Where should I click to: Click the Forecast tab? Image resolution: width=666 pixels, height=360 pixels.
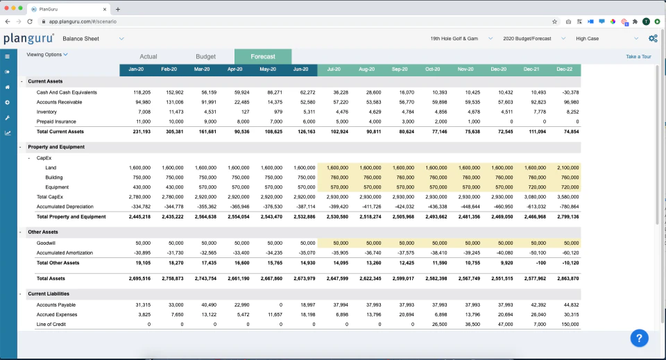coord(263,56)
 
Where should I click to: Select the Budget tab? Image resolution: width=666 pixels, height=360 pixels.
coord(205,56)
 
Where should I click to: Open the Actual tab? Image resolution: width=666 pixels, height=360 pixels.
coord(148,56)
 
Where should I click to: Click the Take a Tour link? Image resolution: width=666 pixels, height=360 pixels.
coord(638,56)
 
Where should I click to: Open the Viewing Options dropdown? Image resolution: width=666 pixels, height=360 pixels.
coord(47,54)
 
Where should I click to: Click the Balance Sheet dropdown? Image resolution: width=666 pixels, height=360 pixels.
coord(93,39)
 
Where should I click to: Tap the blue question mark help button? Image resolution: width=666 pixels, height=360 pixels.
coord(639,338)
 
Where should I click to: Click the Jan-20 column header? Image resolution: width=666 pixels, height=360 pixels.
coord(136,69)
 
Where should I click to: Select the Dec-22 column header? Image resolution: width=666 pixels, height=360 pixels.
coord(564,69)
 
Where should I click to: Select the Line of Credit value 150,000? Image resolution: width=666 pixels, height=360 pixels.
coord(567,324)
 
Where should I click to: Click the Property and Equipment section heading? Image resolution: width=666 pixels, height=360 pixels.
coord(56,147)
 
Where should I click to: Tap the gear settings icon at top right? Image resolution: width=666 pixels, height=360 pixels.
coord(652,39)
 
